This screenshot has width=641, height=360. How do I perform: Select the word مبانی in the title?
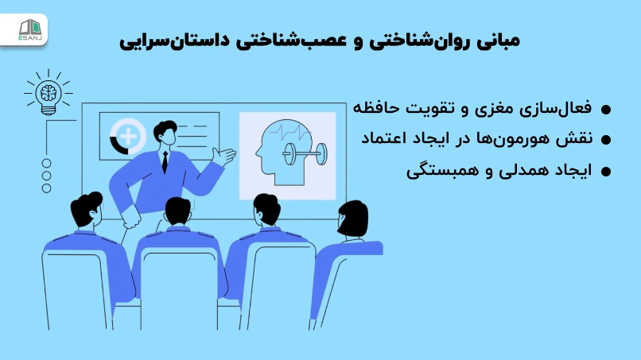click(x=495, y=41)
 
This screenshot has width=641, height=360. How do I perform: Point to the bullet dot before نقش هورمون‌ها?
click(x=605, y=140)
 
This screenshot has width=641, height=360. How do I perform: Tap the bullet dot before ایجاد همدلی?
click(x=605, y=171)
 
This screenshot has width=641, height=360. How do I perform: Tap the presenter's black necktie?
click(x=165, y=161)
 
